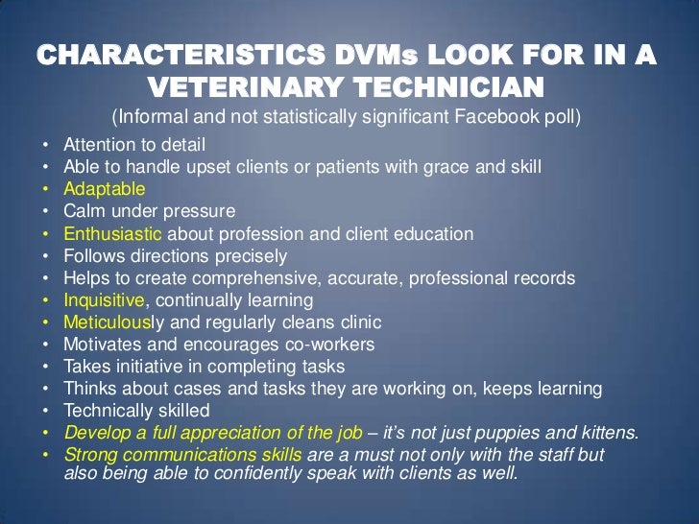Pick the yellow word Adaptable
[105, 189]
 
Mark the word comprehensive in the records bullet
[265, 277]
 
